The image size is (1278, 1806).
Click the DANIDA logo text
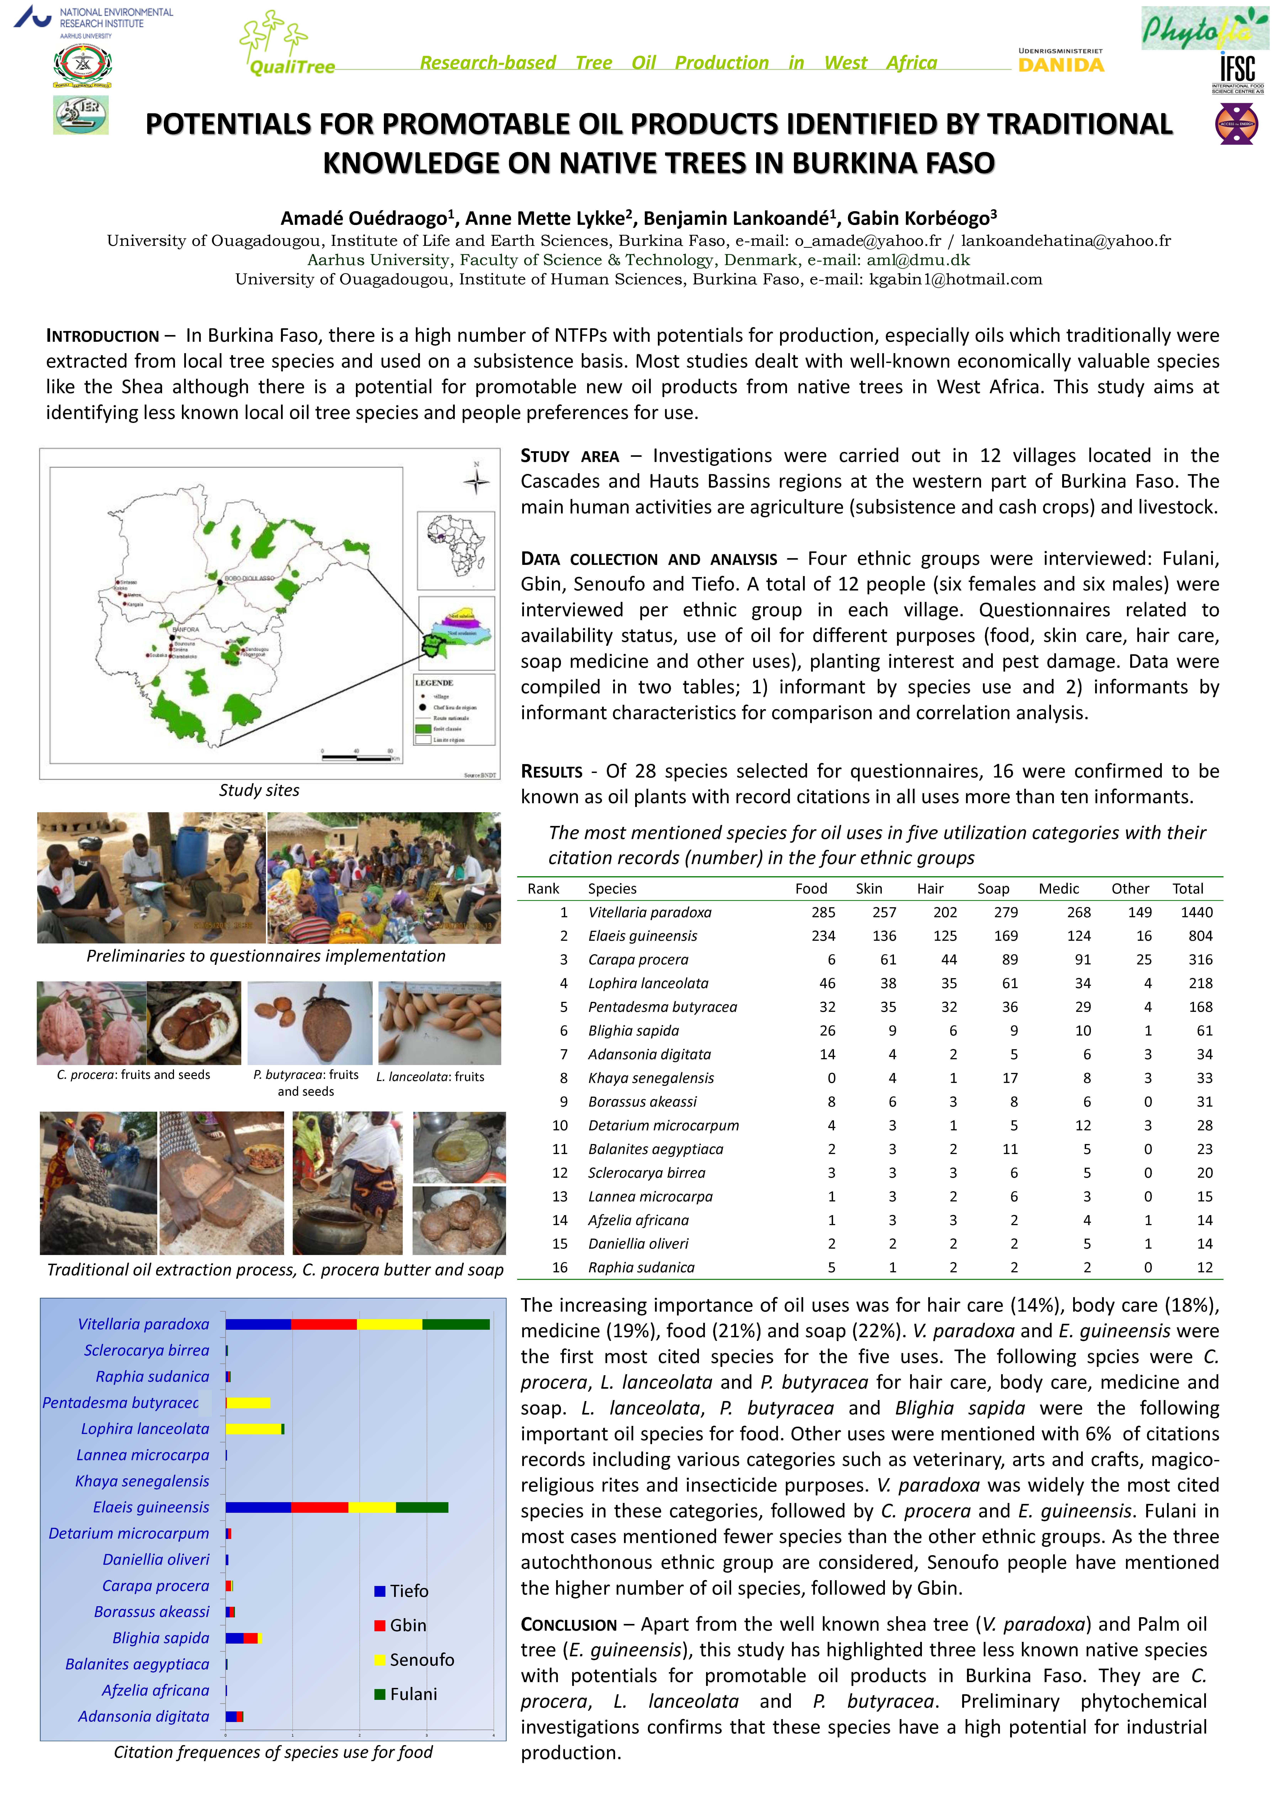click(1061, 65)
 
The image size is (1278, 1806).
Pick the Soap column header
click(993, 889)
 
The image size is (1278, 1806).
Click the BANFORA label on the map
click(186, 629)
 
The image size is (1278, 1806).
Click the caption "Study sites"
click(259, 790)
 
